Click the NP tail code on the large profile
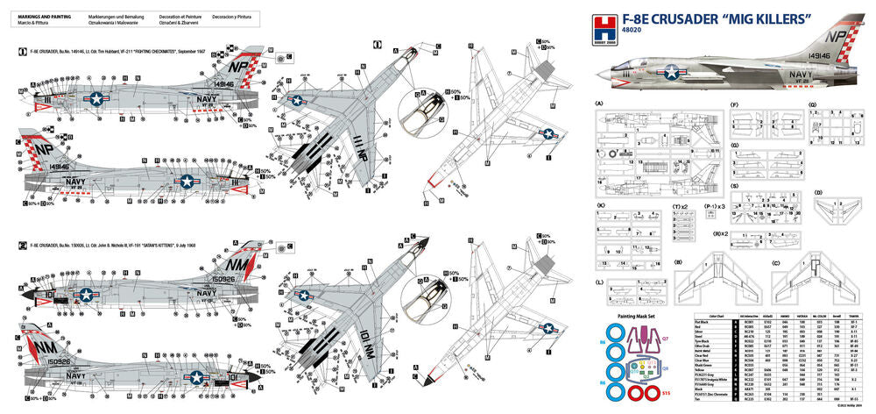tap(837, 40)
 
